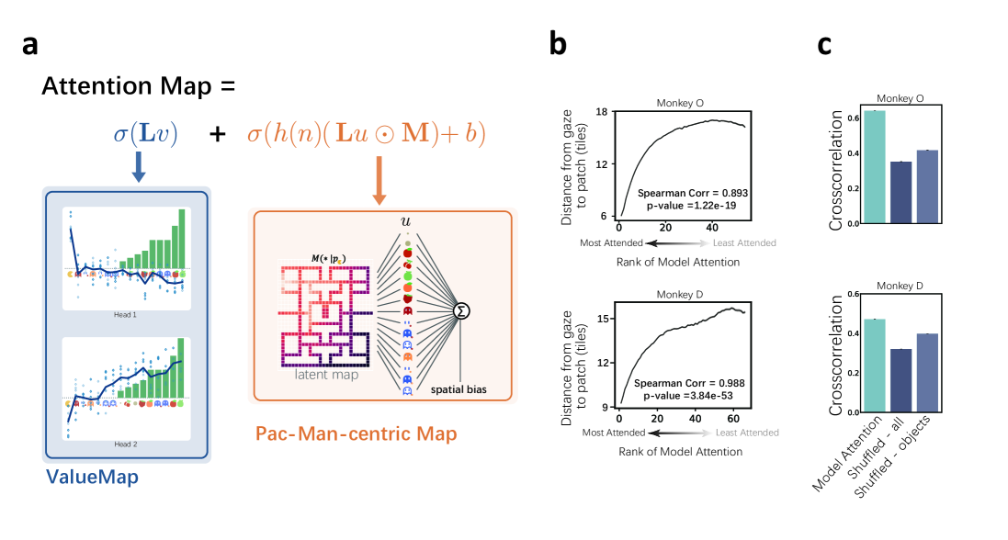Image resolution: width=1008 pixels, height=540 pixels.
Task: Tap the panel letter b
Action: click(x=561, y=45)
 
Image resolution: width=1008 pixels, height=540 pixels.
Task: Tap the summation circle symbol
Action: click(x=464, y=311)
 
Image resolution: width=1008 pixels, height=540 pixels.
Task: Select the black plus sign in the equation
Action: click(x=218, y=134)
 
